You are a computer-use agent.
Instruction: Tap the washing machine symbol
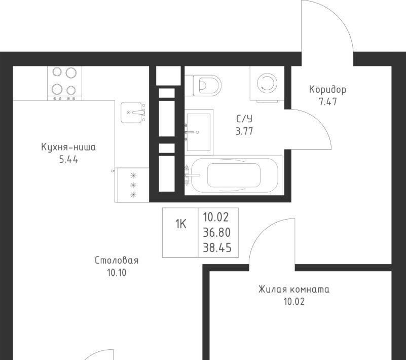pos(267,84)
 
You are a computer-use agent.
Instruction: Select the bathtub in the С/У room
pos(234,175)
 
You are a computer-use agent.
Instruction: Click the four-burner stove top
pos(64,83)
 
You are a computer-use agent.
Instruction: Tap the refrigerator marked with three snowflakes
pos(132,185)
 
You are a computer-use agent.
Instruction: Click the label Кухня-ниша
pos(68,147)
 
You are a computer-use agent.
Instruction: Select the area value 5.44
pos(68,160)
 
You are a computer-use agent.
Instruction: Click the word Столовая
pos(117,260)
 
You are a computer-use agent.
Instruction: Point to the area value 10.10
pos(117,273)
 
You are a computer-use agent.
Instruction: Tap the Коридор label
pos(327,90)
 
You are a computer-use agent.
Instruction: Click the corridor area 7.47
pos(328,102)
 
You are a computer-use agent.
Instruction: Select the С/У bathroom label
pos(244,119)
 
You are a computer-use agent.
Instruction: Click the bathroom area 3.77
pos(244,131)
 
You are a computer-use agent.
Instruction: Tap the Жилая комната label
pos(294,290)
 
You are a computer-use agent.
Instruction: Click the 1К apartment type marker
pos(181,224)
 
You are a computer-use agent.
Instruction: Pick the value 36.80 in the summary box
pos(217,233)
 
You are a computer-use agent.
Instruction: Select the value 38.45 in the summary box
pos(217,248)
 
